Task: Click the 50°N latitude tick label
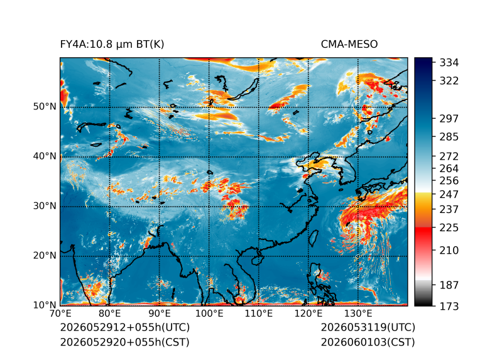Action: click(x=45, y=107)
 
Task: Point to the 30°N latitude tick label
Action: click(x=45, y=205)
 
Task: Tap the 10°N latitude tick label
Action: click(x=45, y=305)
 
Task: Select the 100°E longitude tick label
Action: click(x=209, y=314)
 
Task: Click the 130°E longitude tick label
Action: click(x=358, y=314)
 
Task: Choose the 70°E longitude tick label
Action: click(x=60, y=314)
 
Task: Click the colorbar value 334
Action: click(x=449, y=62)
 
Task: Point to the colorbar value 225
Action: click(x=449, y=228)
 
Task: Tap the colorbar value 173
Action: click(x=449, y=306)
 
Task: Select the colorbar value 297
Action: click(x=449, y=119)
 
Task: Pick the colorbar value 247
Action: click(x=449, y=194)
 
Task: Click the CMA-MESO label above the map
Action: click(x=349, y=45)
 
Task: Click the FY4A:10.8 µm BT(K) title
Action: click(x=112, y=45)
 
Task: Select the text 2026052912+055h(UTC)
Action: click(x=125, y=327)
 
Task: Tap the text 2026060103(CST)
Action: click(x=368, y=342)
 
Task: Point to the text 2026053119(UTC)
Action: click(x=368, y=327)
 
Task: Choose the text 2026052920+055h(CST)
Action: click(x=125, y=342)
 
